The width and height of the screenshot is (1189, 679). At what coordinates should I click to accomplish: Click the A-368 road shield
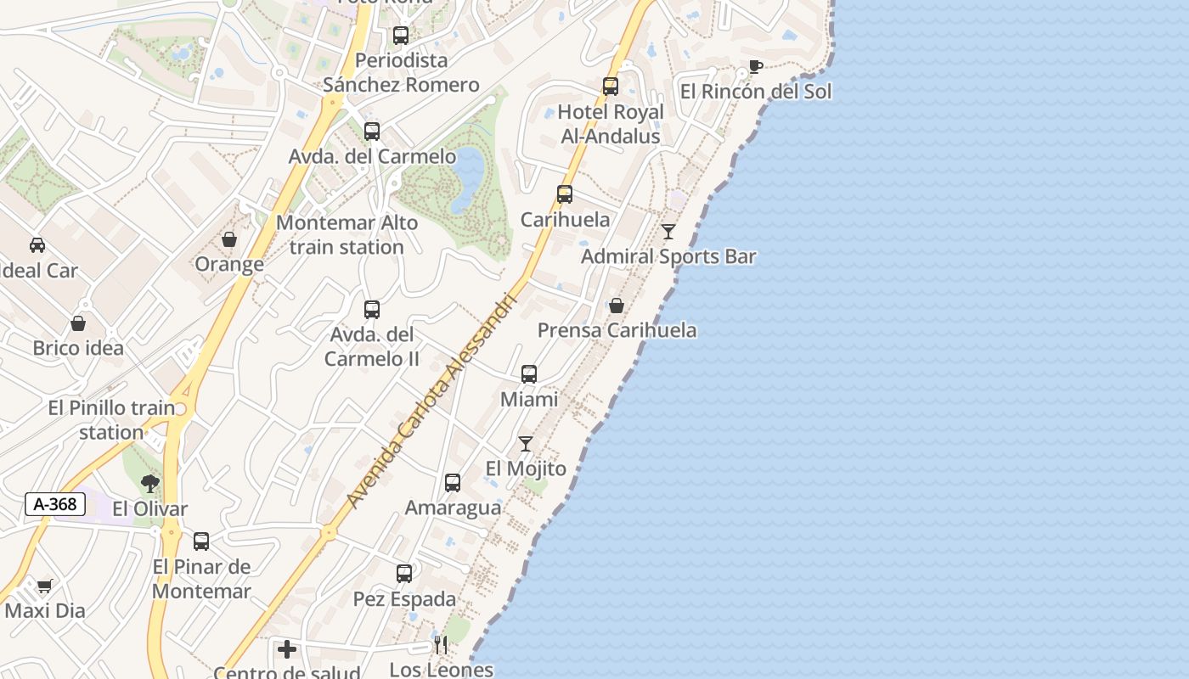click(55, 504)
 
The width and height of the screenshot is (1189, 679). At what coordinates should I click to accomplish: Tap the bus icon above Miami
click(529, 373)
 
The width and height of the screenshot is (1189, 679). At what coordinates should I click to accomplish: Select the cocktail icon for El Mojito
click(526, 443)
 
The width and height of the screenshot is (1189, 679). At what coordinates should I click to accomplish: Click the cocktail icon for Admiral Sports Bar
click(668, 231)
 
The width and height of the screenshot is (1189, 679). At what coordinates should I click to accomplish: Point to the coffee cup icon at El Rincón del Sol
click(755, 67)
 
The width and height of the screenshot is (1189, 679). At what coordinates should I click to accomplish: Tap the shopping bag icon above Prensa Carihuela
click(617, 305)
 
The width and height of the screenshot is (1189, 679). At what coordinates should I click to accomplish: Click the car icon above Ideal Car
click(37, 245)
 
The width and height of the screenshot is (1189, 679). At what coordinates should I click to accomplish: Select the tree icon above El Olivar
click(150, 484)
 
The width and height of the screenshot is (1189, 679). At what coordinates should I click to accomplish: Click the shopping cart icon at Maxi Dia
click(45, 586)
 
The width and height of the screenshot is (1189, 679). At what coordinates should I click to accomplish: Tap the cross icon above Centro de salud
click(287, 649)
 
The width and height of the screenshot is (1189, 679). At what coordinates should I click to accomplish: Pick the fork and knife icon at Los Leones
click(440, 645)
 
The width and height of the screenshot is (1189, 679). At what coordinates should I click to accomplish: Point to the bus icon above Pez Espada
click(404, 574)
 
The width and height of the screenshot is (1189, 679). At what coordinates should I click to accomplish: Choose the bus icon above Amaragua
click(453, 483)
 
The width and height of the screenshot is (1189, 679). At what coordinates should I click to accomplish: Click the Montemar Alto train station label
click(347, 235)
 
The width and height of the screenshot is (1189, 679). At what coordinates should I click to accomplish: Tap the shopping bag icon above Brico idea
click(78, 323)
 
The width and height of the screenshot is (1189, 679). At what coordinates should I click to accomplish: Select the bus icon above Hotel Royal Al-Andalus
click(610, 87)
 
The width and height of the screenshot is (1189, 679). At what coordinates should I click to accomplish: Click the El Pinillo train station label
click(111, 420)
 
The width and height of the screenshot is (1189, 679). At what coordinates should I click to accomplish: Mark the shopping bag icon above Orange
click(228, 239)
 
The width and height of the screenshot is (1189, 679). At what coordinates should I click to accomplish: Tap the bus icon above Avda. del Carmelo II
click(372, 310)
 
